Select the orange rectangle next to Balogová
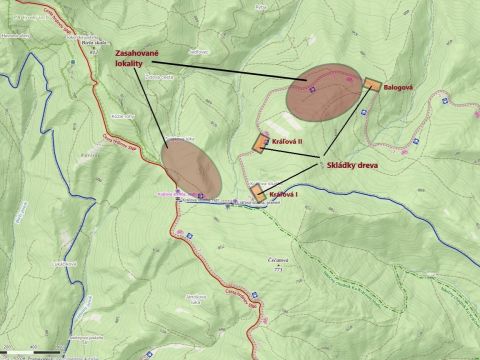pos(373,85)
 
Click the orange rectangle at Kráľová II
pos(262,143)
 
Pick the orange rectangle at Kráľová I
pos(258,193)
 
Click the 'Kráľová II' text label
pos(286,142)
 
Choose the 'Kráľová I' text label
pos(284,194)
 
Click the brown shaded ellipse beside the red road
pos(191,166)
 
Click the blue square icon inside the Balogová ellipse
pos(311,92)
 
